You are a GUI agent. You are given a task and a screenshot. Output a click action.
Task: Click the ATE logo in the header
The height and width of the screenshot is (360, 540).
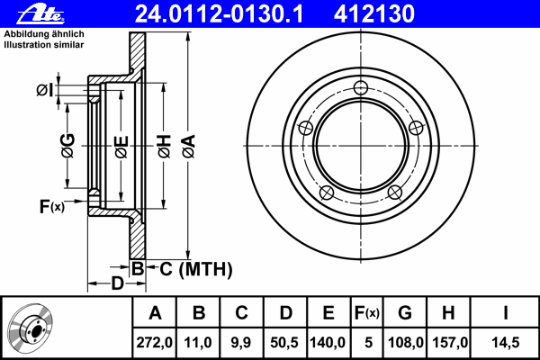[x=41, y=14]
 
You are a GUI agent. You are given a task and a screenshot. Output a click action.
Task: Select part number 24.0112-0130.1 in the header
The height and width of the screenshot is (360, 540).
[x=219, y=14]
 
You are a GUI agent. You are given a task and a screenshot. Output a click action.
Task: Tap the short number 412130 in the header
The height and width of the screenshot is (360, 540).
[x=374, y=14]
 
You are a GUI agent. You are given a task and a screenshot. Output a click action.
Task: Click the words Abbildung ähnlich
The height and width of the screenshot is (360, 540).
[x=44, y=34]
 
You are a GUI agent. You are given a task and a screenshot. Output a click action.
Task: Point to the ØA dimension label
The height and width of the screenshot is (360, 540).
[x=189, y=146]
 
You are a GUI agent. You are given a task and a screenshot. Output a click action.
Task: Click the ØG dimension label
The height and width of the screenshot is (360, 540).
[x=67, y=146]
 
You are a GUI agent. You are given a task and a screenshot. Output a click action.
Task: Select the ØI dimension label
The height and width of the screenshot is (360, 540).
[x=45, y=90]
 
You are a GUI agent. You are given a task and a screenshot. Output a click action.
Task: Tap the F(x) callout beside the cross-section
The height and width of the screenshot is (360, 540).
[x=52, y=206]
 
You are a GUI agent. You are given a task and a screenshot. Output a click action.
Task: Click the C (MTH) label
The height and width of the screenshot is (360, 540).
[x=196, y=269]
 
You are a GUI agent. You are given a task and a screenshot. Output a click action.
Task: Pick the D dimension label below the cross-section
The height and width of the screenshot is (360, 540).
[x=117, y=283]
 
